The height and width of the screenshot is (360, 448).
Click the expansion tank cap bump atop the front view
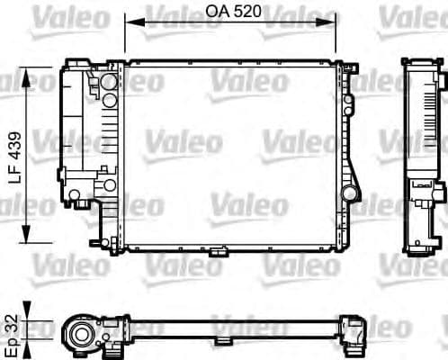[77, 58]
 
